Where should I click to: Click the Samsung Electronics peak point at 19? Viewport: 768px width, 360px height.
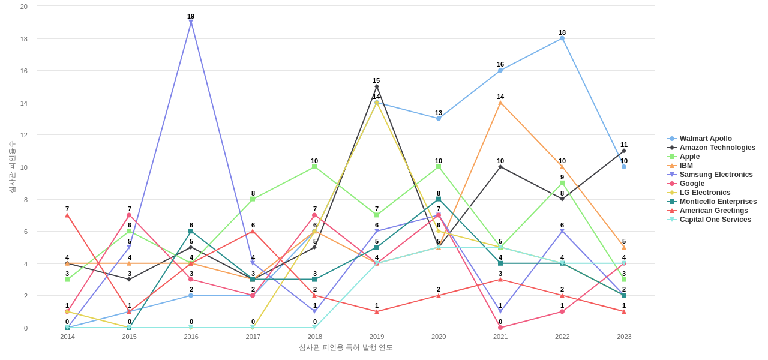pyautogui.click(x=191, y=22)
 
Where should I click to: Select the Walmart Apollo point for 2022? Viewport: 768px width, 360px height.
pyautogui.click(x=562, y=38)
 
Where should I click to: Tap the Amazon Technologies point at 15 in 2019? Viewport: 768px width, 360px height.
pyautogui.click(x=377, y=86)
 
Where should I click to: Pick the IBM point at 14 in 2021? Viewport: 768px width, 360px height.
pyautogui.click(x=500, y=103)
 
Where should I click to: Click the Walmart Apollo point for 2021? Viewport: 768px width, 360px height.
pyautogui.click(x=500, y=70)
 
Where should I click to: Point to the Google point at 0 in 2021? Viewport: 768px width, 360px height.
pyautogui.click(x=500, y=328)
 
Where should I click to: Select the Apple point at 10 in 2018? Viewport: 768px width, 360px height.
pyautogui.click(x=314, y=167)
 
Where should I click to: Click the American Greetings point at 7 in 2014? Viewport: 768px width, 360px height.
pyautogui.click(x=67, y=215)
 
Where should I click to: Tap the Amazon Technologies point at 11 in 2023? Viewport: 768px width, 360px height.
pyautogui.click(x=624, y=151)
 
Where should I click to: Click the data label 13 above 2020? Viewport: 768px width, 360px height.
pyautogui.click(x=439, y=113)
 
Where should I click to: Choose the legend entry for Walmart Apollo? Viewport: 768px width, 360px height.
pyautogui.click(x=706, y=139)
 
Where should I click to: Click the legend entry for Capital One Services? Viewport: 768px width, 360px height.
pyautogui.click(x=715, y=220)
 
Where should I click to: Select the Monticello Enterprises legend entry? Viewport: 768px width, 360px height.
pyautogui.click(x=718, y=202)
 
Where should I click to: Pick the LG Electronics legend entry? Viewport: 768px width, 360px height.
pyautogui.click(x=705, y=193)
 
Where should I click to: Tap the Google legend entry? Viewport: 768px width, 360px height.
pyautogui.click(x=692, y=184)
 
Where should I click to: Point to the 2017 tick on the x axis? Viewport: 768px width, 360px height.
pyautogui.click(x=253, y=337)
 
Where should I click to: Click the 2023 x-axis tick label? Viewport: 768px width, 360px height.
pyautogui.click(x=624, y=337)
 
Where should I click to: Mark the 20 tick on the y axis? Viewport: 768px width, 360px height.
pyautogui.click(x=24, y=7)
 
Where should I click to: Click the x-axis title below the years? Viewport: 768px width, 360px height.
pyautogui.click(x=346, y=347)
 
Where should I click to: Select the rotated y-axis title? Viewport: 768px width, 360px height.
pyautogui.click(x=11, y=167)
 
